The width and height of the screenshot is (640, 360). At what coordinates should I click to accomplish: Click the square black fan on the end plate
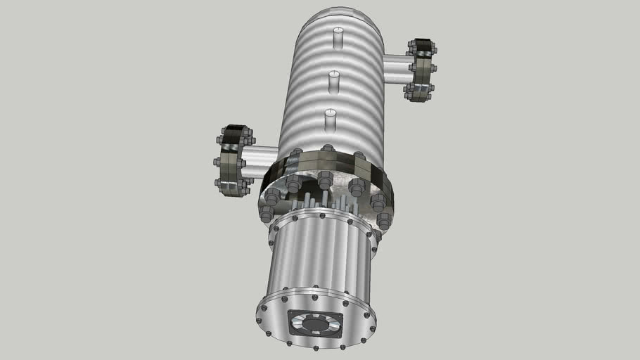point(315,324)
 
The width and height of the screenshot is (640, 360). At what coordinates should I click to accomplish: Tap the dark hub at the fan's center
point(315,325)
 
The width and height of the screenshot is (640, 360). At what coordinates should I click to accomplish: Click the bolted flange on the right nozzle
point(421,70)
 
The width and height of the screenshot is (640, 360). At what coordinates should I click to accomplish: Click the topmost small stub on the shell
point(338,38)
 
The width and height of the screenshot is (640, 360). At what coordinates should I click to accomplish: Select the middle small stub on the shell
point(334,81)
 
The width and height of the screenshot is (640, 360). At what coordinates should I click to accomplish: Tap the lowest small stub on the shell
point(330,120)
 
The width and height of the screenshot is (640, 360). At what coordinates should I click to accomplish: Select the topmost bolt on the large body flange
point(327,149)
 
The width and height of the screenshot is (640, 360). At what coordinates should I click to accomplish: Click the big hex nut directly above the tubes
point(324,180)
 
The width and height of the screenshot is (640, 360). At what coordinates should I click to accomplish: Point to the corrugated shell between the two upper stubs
point(336,60)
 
